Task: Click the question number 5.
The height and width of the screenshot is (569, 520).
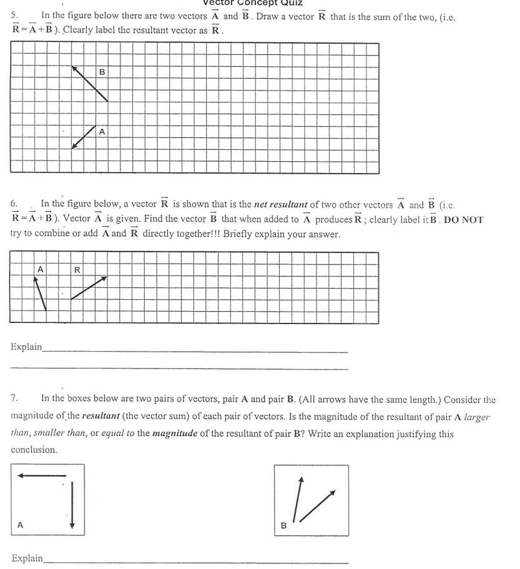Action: coord(14,17)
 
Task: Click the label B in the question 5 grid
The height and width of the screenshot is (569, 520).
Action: coord(102,72)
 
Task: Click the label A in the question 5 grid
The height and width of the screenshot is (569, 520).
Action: coord(102,132)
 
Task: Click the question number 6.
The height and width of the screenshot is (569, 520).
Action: coord(14,204)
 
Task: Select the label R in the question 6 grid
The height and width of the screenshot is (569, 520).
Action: coord(77,270)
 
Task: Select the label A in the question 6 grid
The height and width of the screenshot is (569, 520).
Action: coord(41,269)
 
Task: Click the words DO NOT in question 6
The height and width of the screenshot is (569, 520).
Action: coord(464,220)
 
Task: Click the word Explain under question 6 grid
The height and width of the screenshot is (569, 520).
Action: coord(26,346)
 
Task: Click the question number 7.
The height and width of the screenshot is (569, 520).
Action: coord(14,398)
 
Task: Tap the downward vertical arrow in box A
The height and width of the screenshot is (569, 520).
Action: coord(72,503)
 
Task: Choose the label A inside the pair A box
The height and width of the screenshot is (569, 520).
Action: coord(20,525)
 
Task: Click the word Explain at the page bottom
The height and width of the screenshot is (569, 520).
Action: coord(27,558)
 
